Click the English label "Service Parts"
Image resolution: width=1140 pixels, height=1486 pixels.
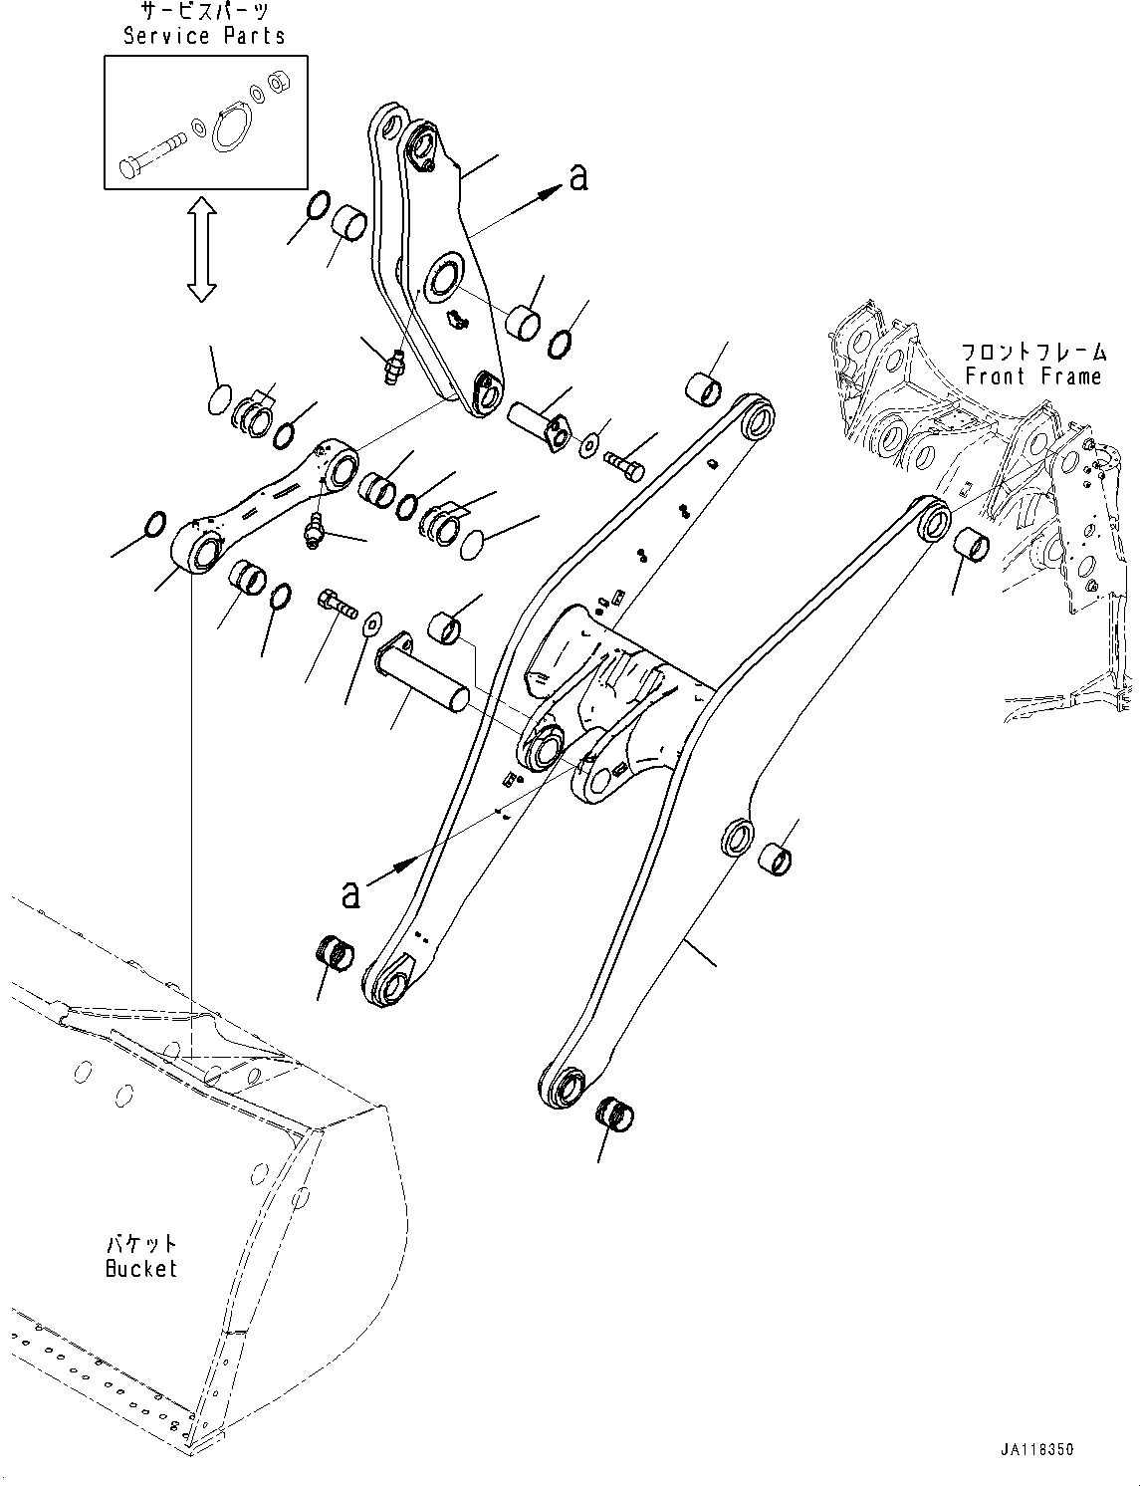click(x=204, y=36)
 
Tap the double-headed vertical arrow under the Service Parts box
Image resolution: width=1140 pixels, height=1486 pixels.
click(x=202, y=249)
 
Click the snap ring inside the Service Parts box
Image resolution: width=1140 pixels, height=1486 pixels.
click(x=231, y=128)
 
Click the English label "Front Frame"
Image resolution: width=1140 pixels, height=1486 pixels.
click(x=1032, y=376)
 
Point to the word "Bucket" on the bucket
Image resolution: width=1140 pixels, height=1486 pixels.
click(x=140, y=1269)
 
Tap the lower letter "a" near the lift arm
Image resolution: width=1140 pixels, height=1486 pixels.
click(x=350, y=893)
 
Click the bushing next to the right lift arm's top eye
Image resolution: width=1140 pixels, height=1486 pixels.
click(x=972, y=548)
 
